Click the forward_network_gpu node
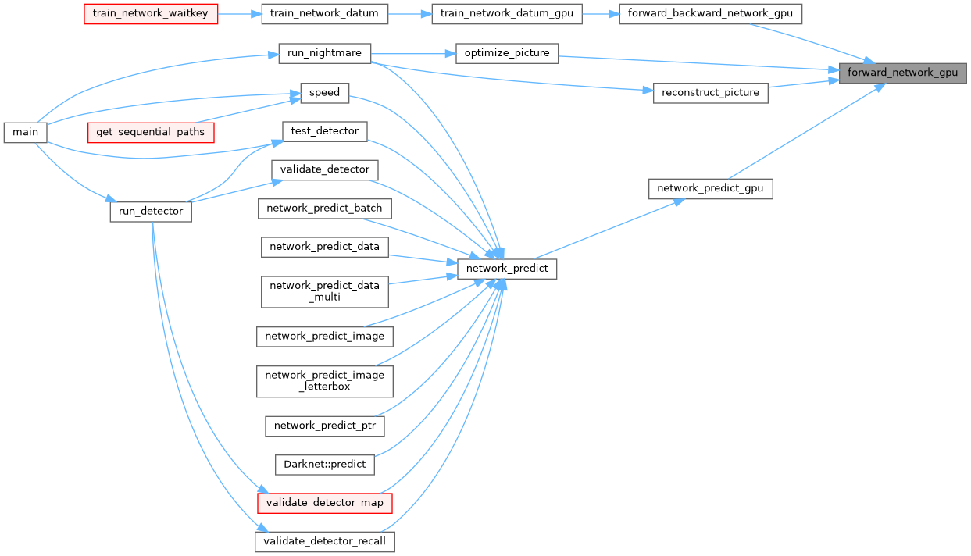pyautogui.click(x=902, y=73)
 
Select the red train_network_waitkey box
pyautogui.click(x=150, y=14)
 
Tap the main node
pyautogui.click(x=25, y=132)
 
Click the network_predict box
pyautogui.click(x=506, y=269)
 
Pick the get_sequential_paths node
pyautogui.click(x=151, y=132)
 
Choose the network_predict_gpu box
pyautogui.click(x=710, y=188)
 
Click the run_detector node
pyautogui.click(x=151, y=211)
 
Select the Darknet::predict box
pyautogui.click(x=325, y=464)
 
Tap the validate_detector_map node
pyautogui.click(x=324, y=502)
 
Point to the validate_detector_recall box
pyautogui.click(x=324, y=541)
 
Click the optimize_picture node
pyautogui.click(x=507, y=53)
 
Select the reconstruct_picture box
pyautogui.click(x=710, y=92)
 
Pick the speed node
pyautogui.click(x=324, y=92)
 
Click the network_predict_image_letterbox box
pyautogui.click(x=324, y=380)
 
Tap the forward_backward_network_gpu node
pyautogui.click(x=710, y=14)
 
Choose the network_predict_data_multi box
pyautogui.click(x=324, y=291)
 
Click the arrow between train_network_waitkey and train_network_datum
pyautogui.click(x=239, y=14)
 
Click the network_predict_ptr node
pyautogui.click(x=324, y=426)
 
